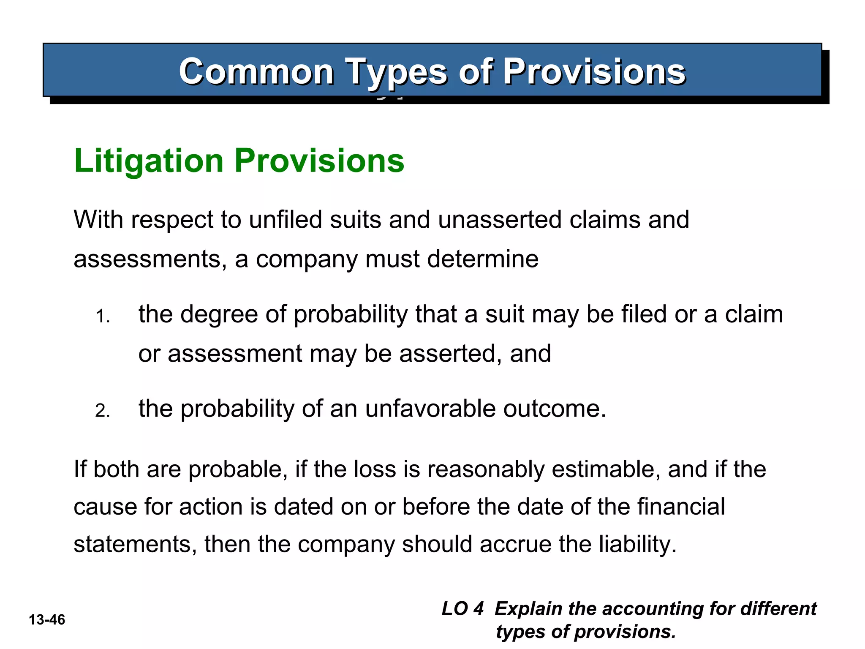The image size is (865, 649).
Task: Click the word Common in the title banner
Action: (256, 72)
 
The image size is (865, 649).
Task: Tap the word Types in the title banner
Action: (397, 73)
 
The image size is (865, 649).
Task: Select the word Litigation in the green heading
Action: (148, 161)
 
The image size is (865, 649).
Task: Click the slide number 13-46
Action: (47, 620)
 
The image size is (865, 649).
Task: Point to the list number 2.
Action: (102, 411)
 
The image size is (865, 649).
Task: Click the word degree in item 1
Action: (219, 315)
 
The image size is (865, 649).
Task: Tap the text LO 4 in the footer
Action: (462, 609)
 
